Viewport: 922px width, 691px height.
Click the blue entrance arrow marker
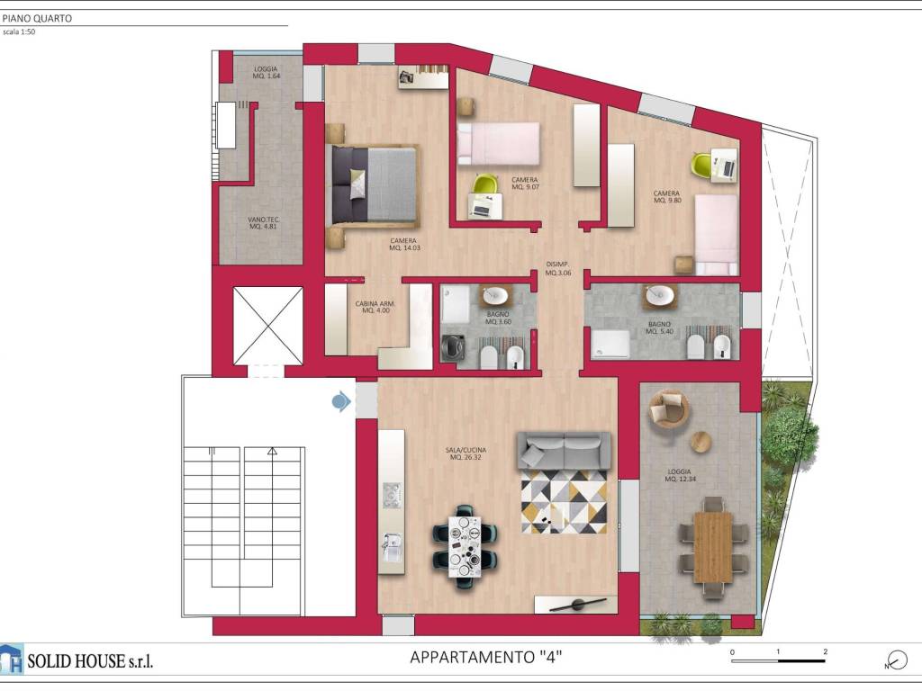pyautogui.click(x=341, y=401)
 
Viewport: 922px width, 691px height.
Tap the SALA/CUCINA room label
pyautogui.click(x=468, y=453)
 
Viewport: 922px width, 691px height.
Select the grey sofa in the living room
pyautogui.click(x=564, y=450)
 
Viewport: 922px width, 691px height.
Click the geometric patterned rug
pyautogui.click(x=564, y=501)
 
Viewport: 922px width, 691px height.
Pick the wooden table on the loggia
pyautogui.click(x=713, y=546)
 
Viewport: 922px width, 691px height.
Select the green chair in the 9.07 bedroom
pyautogui.click(x=485, y=184)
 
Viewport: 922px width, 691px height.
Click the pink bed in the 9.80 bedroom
pyautogui.click(x=716, y=234)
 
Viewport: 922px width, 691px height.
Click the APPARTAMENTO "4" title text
pyautogui.click(x=486, y=658)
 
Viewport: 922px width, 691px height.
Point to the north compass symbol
pyautogui.click(x=895, y=660)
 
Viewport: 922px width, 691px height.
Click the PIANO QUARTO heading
pyautogui.click(x=38, y=18)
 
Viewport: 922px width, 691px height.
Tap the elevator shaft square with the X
pyautogui.click(x=267, y=326)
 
